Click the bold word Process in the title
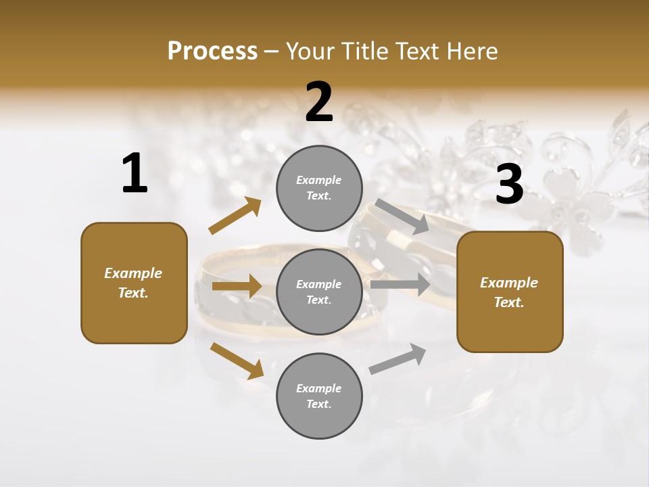click(212, 51)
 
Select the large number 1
click(135, 174)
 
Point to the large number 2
click(319, 102)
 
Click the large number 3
click(509, 185)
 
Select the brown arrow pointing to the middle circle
click(237, 286)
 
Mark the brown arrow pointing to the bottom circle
click(237, 360)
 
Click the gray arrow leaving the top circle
click(402, 216)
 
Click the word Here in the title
click(473, 51)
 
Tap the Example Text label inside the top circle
click(319, 188)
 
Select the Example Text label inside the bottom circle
click(319, 396)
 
